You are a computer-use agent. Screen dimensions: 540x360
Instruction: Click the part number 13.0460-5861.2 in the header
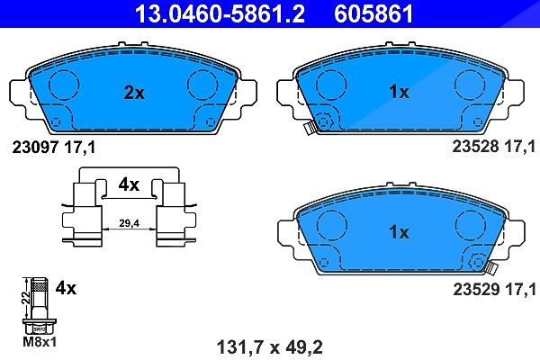(x=220, y=13)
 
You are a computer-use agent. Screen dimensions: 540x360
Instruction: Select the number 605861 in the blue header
(x=373, y=13)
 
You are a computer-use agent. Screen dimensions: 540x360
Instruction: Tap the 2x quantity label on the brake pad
(x=134, y=93)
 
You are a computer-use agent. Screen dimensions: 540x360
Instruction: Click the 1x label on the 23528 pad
(x=399, y=92)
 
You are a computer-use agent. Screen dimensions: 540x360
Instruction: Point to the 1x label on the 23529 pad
(x=399, y=232)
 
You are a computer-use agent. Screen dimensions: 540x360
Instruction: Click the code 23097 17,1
(x=54, y=148)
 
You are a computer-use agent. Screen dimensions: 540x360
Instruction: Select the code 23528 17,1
(x=494, y=147)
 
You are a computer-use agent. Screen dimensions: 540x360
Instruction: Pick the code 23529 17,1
(x=494, y=289)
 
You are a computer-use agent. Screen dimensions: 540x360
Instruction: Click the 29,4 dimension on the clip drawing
(x=129, y=223)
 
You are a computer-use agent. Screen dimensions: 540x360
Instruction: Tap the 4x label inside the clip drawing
(x=129, y=185)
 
